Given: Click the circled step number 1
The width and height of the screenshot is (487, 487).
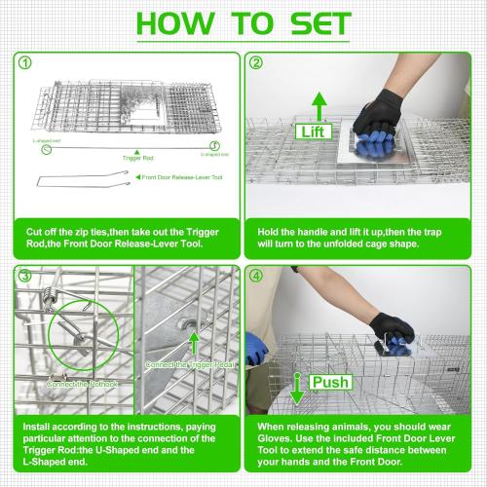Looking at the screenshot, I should (24, 65).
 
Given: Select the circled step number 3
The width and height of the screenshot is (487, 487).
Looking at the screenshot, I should (22, 276).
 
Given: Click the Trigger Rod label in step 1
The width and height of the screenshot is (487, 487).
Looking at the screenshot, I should (137, 155).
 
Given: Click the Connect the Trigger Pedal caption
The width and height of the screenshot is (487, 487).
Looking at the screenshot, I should (191, 364).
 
